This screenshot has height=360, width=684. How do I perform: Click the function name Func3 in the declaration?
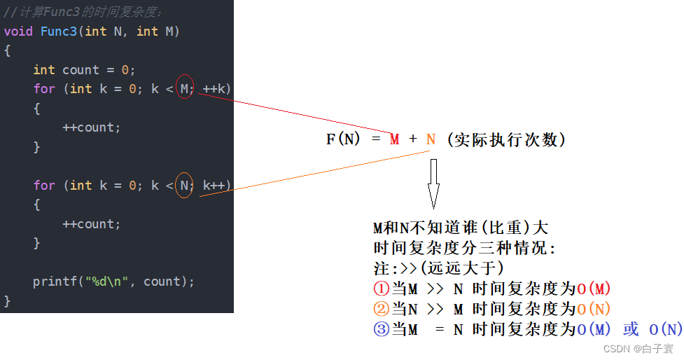(58, 32)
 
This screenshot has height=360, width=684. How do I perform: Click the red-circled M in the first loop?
(184, 88)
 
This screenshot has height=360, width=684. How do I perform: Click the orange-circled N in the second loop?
(184, 185)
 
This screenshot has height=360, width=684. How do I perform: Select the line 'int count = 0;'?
(84, 70)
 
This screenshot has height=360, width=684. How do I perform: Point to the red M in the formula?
(395, 139)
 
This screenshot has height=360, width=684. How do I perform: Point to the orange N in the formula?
(431, 139)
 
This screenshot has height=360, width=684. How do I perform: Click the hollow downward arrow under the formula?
(433, 183)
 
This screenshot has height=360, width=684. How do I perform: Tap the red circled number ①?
(381, 289)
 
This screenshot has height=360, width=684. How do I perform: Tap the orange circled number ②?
(381, 309)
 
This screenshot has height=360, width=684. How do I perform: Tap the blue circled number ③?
(381, 329)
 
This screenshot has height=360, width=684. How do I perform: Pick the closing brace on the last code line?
(7, 301)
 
